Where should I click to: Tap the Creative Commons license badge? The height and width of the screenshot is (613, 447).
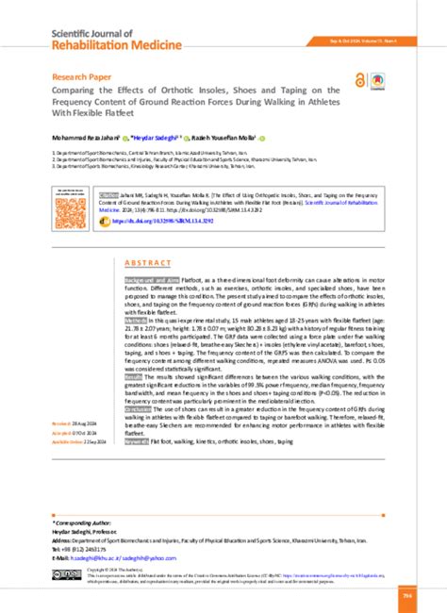point(68,573)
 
